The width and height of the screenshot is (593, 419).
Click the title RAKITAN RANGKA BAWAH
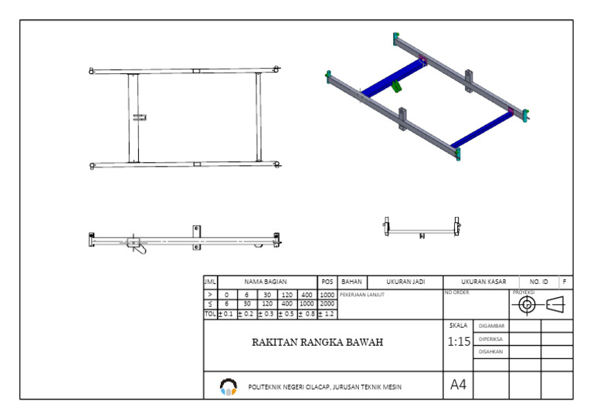317,343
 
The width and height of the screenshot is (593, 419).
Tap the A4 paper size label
458,385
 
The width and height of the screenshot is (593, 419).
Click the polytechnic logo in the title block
228,386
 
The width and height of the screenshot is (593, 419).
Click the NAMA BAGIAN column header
265,282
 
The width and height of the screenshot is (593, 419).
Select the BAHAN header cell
351,282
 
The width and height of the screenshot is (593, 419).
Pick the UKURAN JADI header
405,282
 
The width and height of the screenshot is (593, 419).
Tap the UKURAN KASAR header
483,282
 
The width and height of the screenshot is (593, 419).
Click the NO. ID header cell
539,282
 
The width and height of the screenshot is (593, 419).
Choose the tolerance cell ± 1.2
327,314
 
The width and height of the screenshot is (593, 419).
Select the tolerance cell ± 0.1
226,314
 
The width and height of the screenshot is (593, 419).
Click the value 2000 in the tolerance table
327,304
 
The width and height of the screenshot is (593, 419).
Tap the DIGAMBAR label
492,326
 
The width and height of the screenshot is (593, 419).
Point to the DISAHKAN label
492,352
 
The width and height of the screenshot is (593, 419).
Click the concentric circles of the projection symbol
527,305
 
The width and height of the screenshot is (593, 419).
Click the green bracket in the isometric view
397,86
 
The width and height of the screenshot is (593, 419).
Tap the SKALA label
459,326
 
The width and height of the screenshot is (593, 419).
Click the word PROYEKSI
524,292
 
